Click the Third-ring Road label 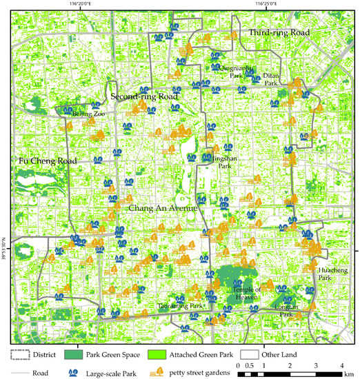(279, 32)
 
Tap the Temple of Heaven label (247, 294)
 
